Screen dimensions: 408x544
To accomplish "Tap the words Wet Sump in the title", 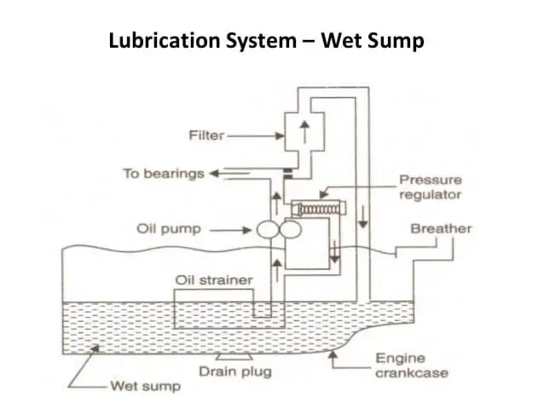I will (374, 40).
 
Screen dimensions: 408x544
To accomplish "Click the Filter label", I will (205, 135).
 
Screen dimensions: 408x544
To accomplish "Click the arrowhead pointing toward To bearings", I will (215, 174).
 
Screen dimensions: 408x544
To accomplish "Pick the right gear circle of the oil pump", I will (287, 229).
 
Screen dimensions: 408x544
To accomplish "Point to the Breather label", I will (441, 229).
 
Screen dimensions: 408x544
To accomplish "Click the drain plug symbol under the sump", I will (229, 356).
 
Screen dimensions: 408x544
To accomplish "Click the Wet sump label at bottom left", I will (146, 387).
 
